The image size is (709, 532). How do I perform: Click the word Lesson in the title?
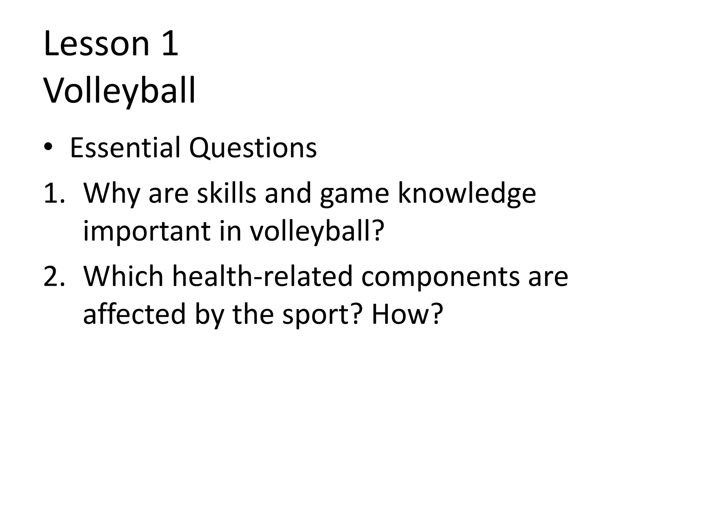(x=97, y=44)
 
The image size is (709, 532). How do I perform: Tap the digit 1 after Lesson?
(x=170, y=44)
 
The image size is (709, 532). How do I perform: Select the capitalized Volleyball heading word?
(x=119, y=91)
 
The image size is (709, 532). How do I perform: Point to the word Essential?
(x=125, y=148)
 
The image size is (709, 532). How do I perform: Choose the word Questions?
(x=253, y=148)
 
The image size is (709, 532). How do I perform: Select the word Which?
(x=123, y=276)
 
